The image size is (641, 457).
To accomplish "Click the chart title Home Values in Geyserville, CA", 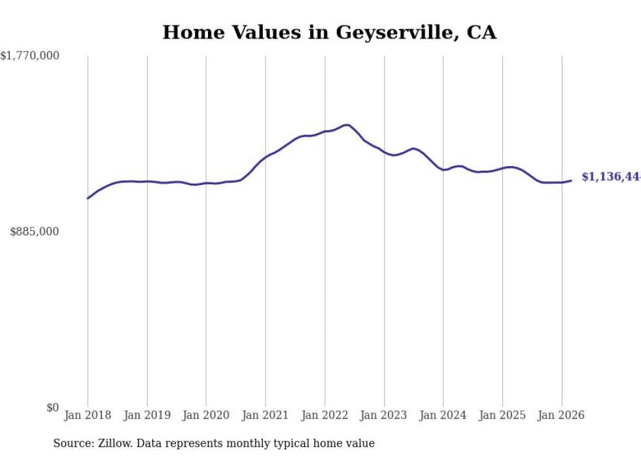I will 329,32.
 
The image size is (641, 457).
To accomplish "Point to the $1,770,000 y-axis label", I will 30,56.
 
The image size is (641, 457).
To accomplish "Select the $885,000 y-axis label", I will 34,231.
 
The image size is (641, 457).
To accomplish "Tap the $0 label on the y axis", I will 52,407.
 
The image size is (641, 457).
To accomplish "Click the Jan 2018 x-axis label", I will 88,415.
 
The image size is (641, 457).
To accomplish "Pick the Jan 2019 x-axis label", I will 147,415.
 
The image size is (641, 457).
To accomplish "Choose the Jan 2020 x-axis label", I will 206,415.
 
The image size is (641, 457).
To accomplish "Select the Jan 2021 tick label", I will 266,415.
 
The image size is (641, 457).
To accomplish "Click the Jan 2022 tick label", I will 325,415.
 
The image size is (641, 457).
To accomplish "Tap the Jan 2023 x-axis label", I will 384,415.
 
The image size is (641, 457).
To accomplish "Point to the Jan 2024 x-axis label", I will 443,415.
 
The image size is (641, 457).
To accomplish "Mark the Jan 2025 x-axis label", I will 502,415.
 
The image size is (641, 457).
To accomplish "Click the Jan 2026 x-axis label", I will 562,415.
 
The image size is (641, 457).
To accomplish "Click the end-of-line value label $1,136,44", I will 610,177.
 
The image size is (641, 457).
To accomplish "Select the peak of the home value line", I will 347,125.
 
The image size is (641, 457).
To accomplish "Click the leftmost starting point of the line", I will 88,198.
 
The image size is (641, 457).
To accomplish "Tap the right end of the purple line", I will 572,180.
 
